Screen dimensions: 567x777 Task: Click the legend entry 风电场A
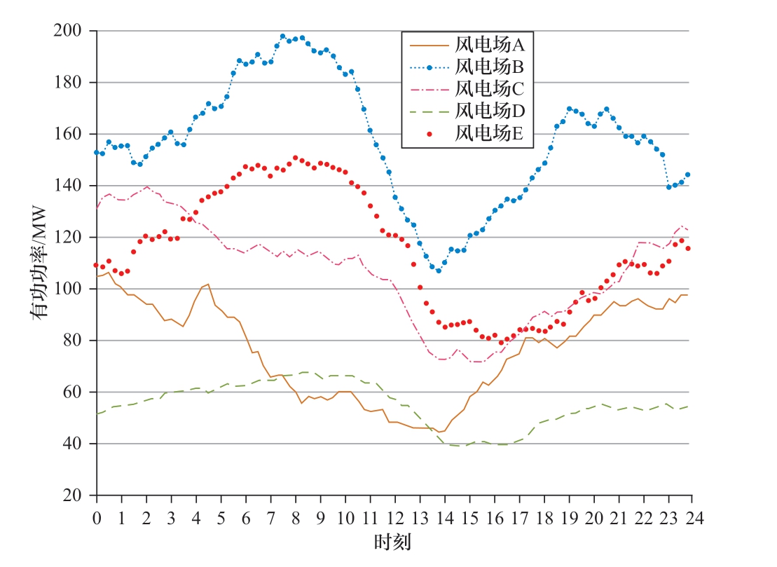(x=490, y=45)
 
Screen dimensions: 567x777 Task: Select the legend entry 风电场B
(x=490, y=67)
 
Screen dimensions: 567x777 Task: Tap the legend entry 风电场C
(x=490, y=88)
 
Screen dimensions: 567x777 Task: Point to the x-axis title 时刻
(x=393, y=542)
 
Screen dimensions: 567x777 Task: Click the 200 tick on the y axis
(x=69, y=31)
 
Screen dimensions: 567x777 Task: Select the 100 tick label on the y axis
(x=69, y=289)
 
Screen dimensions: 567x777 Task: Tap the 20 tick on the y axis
(x=73, y=496)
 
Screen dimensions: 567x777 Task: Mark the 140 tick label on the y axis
(x=69, y=186)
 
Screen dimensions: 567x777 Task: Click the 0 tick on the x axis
(x=97, y=518)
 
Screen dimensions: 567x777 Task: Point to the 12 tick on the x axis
(x=394, y=518)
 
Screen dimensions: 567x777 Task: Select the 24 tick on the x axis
(x=692, y=518)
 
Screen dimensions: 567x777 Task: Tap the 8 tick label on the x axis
(x=295, y=518)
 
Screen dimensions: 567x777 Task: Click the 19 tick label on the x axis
(x=568, y=518)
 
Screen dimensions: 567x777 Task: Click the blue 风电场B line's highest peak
(x=283, y=36)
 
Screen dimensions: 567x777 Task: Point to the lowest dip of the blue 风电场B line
(x=439, y=271)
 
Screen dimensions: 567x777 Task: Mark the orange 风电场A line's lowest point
(x=439, y=432)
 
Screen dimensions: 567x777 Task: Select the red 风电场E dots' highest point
(x=295, y=158)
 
